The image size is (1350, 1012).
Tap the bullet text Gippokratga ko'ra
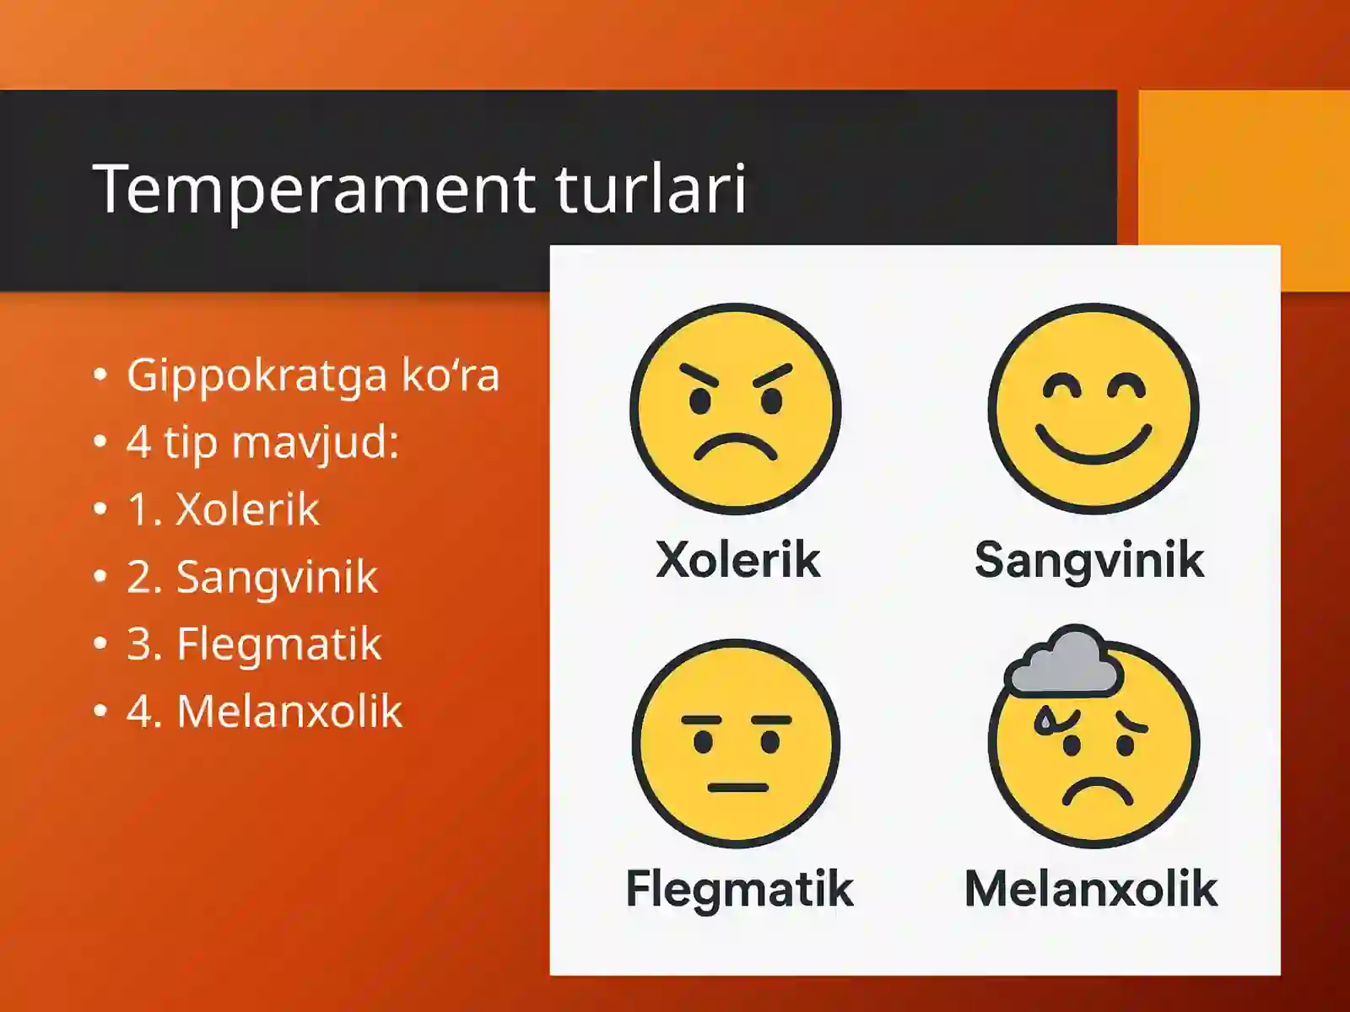tap(312, 376)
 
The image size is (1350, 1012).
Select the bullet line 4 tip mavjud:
tap(262, 442)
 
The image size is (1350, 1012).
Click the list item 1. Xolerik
tap(223, 509)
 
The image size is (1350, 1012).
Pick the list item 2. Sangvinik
tap(251, 578)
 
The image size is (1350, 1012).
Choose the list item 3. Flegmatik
tap(253, 644)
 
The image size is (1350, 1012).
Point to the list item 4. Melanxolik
tap(264, 711)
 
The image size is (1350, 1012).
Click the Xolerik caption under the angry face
tap(737, 560)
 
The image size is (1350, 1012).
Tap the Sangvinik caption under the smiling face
tap(1088, 561)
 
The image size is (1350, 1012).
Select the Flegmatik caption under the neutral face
tap(739, 889)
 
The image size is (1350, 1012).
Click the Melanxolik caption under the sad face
tap(1091, 889)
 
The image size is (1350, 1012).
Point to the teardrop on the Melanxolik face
tap(1045, 719)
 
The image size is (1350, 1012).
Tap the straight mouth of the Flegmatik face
tap(737, 788)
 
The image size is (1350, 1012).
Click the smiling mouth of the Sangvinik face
tap(1093, 447)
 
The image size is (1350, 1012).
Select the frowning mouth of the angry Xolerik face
tap(735, 446)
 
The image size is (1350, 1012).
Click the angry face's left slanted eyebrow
tap(699, 376)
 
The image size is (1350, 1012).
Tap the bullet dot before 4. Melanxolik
tap(100, 711)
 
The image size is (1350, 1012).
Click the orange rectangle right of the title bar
tap(1244, 190)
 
